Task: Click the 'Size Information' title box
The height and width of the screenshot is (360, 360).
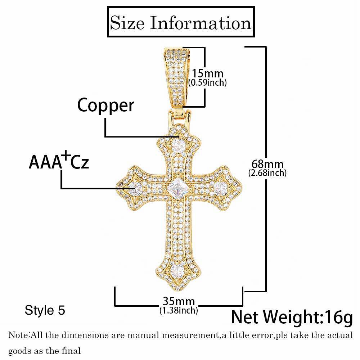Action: pyautogui.click(x=181, y=22)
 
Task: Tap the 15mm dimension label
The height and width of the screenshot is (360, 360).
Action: pyautogui.click(x=207, y=74)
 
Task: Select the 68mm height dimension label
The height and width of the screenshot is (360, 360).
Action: pyautogui.click(x=267, y=164)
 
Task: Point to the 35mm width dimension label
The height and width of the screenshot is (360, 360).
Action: pyautogui.click(x=179, y=301)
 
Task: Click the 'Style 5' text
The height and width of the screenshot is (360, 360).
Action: pyautogui.click(x=45, y=310)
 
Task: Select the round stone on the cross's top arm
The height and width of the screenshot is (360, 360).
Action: pyautogui.click(x=179, y=145)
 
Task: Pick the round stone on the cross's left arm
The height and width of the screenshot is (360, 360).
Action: pyautogui.click(x=136, y=188)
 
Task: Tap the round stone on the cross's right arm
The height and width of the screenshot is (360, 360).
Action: pyautogui.click(x=220, y=188)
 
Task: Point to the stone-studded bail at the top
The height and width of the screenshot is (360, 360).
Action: pyautogui.click(x=177, y=77)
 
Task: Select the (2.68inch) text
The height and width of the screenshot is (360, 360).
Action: pyautogui.click(x=267, y=173)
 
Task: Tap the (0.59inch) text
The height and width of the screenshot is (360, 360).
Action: pyautogui.click(x=208, y=82)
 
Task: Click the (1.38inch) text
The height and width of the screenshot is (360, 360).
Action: pyautogui.click(x=179, y=310)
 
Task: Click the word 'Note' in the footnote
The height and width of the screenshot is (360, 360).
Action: pyautogui.click(x=19, y=335)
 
